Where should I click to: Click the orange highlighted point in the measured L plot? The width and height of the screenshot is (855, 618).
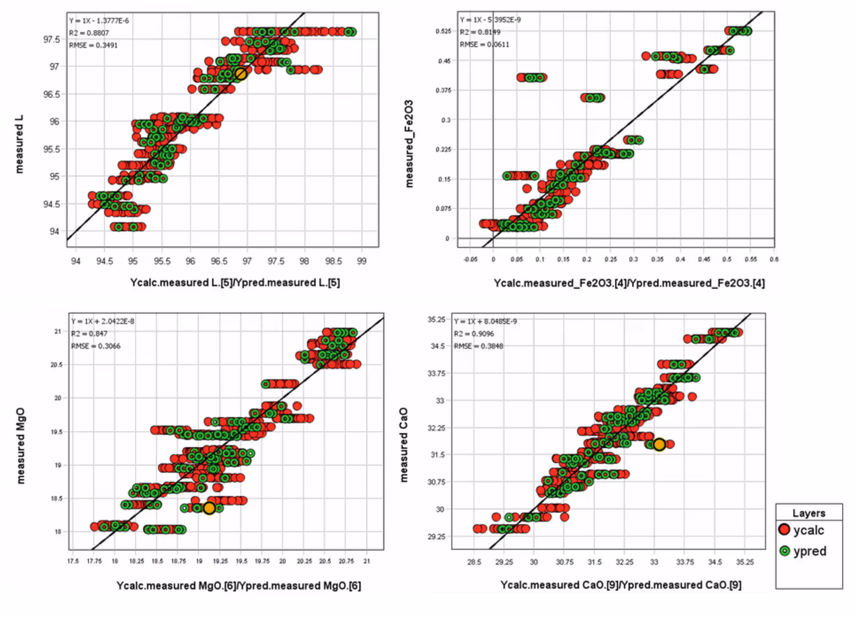click(241, 74)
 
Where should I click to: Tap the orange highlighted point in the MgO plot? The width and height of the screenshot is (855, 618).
click(209, 508)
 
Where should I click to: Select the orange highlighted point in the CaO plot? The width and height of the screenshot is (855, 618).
click(659, 445)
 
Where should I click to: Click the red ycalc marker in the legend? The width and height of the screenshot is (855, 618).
click(785, 530)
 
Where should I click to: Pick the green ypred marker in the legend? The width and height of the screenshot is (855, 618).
click(785, 551)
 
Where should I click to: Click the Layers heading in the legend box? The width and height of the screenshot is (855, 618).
click(809, 513)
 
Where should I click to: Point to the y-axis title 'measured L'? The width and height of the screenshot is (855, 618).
click(19, 144)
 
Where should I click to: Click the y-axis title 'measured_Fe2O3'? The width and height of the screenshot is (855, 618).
click(409, 144)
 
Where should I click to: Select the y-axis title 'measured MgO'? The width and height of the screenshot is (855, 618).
click(21, 446)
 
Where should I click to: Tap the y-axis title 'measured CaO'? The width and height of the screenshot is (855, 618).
click(403, 445)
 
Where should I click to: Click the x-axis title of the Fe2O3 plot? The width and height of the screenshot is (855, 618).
click(628, 283)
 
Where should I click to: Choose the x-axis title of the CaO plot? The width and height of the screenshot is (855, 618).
click(620, 584)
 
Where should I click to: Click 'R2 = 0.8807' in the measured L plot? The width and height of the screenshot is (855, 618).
click(89, 33)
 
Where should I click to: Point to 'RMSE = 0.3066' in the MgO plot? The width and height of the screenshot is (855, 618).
click(96, 346)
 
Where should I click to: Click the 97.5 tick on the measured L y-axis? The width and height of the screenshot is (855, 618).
click(51, 40)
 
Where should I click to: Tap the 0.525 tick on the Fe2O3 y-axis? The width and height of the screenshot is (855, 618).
click(443, 31)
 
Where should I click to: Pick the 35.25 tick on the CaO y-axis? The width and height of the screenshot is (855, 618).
click(436, 319)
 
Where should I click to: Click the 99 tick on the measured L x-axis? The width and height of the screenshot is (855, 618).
click(362, 261)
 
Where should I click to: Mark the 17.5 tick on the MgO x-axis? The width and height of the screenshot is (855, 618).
click(73, 561)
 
